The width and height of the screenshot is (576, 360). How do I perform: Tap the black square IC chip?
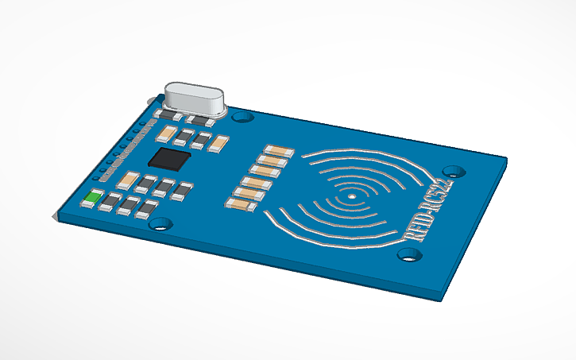click(170, 157)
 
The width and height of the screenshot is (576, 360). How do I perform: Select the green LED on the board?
click(92, 198)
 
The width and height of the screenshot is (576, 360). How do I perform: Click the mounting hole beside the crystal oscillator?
click(243, 117)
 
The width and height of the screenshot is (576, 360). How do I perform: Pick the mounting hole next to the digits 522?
click(454, 171)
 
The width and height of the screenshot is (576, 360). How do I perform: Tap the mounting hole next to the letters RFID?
click(408, 254)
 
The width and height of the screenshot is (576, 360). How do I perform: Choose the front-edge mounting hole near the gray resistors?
click(161, 224)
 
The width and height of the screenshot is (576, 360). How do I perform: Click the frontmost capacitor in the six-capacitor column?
click(241, 203)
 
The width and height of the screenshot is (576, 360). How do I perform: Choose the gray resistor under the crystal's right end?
click(207, 122)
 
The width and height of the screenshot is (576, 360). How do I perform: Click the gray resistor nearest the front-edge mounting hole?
click(147, 209)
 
